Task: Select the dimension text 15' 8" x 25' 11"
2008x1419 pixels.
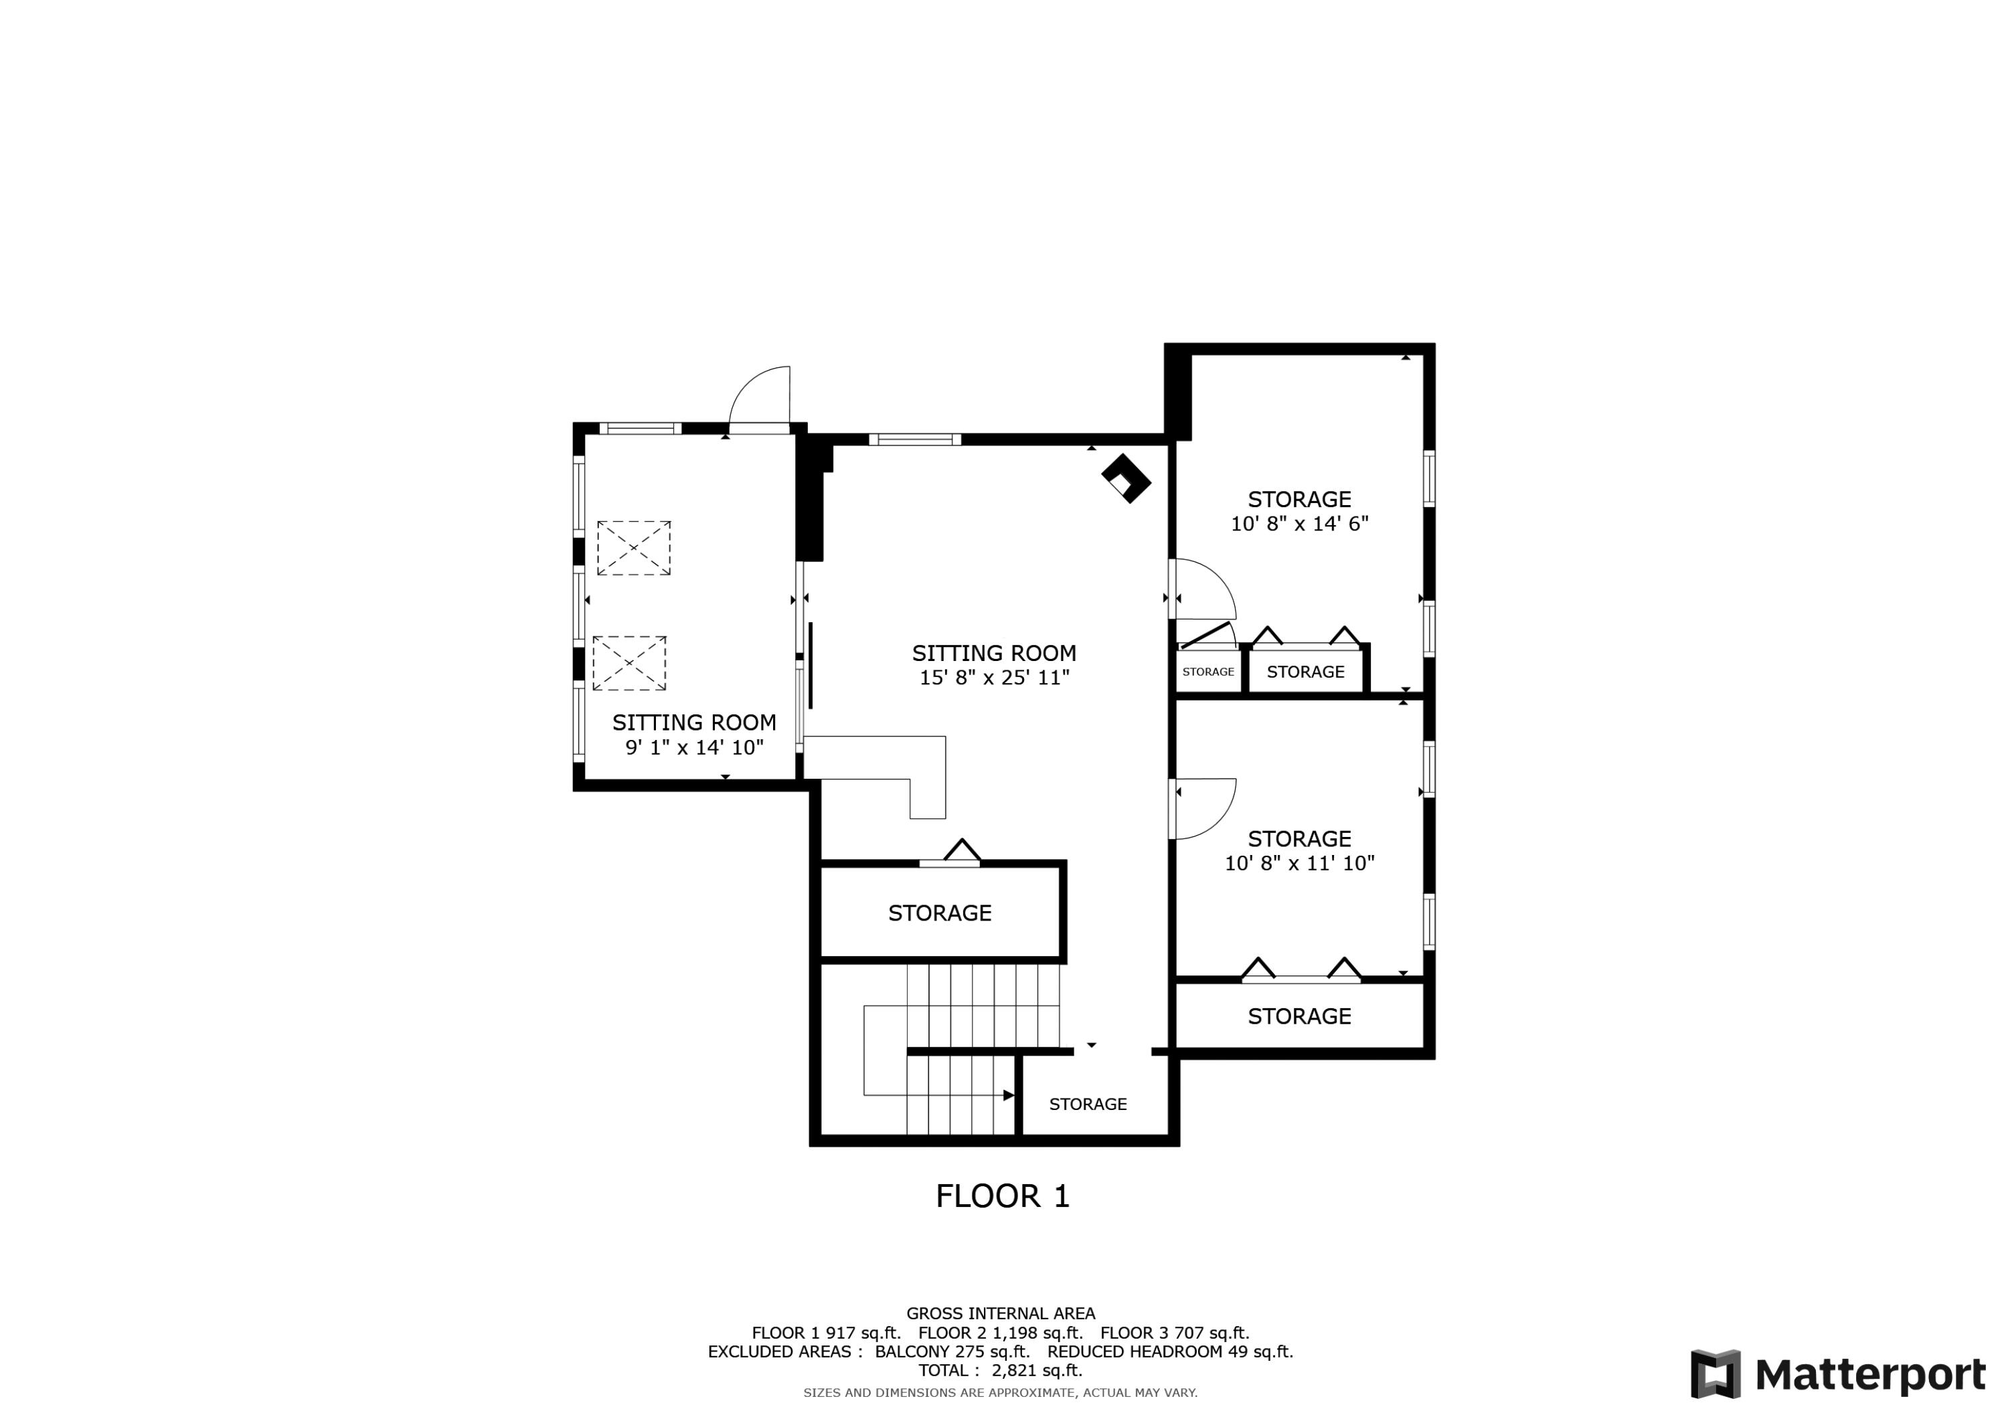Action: click(x=995, y=678)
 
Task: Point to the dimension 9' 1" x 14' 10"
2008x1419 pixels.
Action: click(x=694, y=747)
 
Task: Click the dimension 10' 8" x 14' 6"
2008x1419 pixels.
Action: click(x=1300, y=524)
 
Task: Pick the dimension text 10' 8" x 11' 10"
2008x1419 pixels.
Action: click(x=1300, y=863)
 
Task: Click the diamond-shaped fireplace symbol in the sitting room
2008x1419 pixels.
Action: click(x=1126, y=478)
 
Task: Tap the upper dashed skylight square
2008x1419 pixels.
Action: click(x=634, y=548)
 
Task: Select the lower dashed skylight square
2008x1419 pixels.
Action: click(x=630, y=664)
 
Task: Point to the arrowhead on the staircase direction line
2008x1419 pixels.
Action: click(x=1009, y=1095)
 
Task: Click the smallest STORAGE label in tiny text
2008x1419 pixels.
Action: click(x=1209, y=672)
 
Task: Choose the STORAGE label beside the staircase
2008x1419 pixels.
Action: click(x=1088, y=1105)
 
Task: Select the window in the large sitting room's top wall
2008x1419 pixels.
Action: click(x=915, y=440)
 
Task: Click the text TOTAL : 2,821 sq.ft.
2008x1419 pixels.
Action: click(x=1001, y=1370)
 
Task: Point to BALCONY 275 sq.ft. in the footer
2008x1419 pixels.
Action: click(x=952, y=1351)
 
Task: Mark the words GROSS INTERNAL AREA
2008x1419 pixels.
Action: click(x=1001, y=1313)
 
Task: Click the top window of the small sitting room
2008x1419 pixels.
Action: click(x=640, y=428)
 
